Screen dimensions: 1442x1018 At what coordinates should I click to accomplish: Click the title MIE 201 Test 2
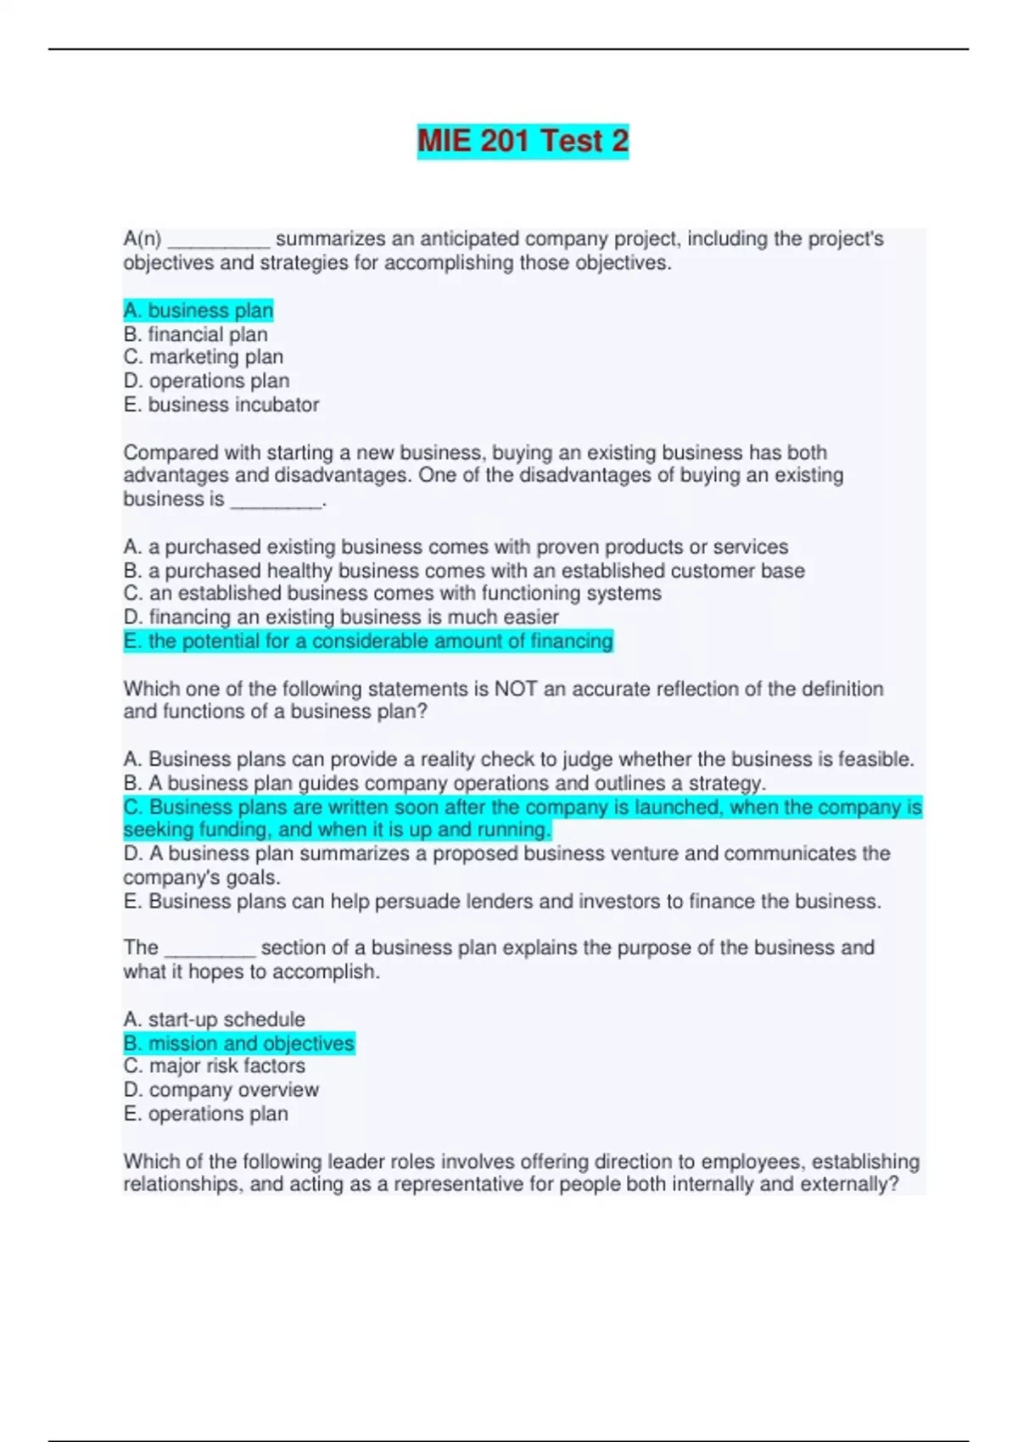523,141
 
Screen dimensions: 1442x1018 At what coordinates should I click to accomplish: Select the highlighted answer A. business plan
199,310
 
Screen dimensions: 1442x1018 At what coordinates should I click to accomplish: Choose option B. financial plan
196,334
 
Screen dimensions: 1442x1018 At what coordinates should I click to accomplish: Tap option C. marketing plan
204,357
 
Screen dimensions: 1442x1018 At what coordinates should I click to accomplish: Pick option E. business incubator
221,405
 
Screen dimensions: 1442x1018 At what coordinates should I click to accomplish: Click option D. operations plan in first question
206,381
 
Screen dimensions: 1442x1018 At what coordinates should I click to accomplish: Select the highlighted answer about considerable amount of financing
368,641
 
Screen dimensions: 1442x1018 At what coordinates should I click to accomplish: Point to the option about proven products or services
456,547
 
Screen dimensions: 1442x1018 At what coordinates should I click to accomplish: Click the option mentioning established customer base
464,571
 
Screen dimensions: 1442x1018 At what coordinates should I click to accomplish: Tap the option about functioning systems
392,593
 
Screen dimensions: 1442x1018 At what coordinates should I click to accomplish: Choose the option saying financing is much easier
341,617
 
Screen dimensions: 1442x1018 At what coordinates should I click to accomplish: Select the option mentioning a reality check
518,759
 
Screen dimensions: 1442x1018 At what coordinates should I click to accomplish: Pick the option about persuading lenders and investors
502,901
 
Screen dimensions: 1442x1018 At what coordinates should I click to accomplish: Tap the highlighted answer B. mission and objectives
239,1043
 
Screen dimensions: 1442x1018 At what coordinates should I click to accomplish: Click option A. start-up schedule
215,1020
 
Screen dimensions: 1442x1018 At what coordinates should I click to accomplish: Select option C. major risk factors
215,1066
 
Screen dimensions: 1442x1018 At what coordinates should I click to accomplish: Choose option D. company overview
221,1090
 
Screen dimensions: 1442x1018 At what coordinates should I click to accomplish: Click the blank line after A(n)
219,241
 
